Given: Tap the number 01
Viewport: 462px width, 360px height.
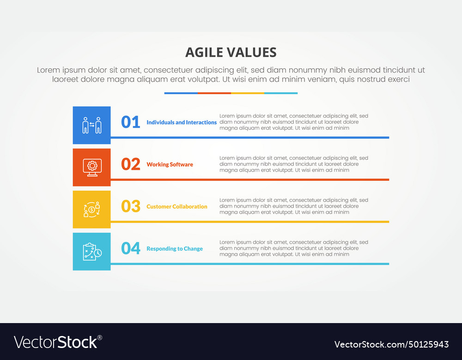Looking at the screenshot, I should coord(130,122).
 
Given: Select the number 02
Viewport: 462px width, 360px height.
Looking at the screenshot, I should coord(130,164).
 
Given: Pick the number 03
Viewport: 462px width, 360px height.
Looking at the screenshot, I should coord(130,206).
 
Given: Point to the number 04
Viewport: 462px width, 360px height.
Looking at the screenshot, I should coord(130,248).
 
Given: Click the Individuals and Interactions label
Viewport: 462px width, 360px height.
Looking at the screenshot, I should coord(182,122).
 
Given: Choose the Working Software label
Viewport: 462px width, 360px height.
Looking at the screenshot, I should coord(170,164).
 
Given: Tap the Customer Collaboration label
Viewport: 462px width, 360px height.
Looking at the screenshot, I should coord(176,206).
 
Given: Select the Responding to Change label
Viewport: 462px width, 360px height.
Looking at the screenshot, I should coord(175,249).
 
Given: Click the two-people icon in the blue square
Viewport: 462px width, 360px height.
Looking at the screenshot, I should coord(91,125).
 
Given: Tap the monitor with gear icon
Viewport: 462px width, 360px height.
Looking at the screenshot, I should coord(91,167).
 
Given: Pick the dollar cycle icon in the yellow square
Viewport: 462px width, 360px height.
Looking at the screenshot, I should coord(91,209).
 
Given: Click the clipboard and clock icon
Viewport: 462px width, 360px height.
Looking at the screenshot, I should coord(91,252).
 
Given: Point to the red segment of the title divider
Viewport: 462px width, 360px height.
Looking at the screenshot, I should coord(214,93).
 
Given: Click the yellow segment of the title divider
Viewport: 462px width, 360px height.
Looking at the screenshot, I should coord(247,93).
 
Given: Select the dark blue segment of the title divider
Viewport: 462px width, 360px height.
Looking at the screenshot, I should coord(181,93).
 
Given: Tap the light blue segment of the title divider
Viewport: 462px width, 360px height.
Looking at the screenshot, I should coord(281,93).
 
